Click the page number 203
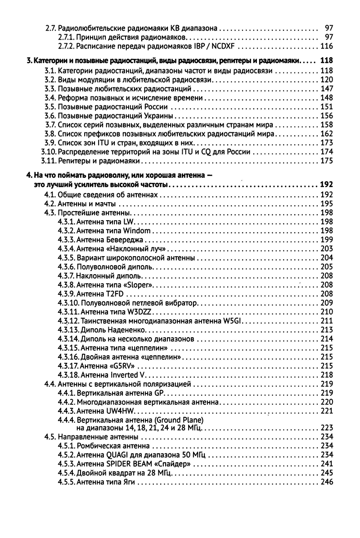326,249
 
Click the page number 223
326,427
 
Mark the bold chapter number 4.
28,175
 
